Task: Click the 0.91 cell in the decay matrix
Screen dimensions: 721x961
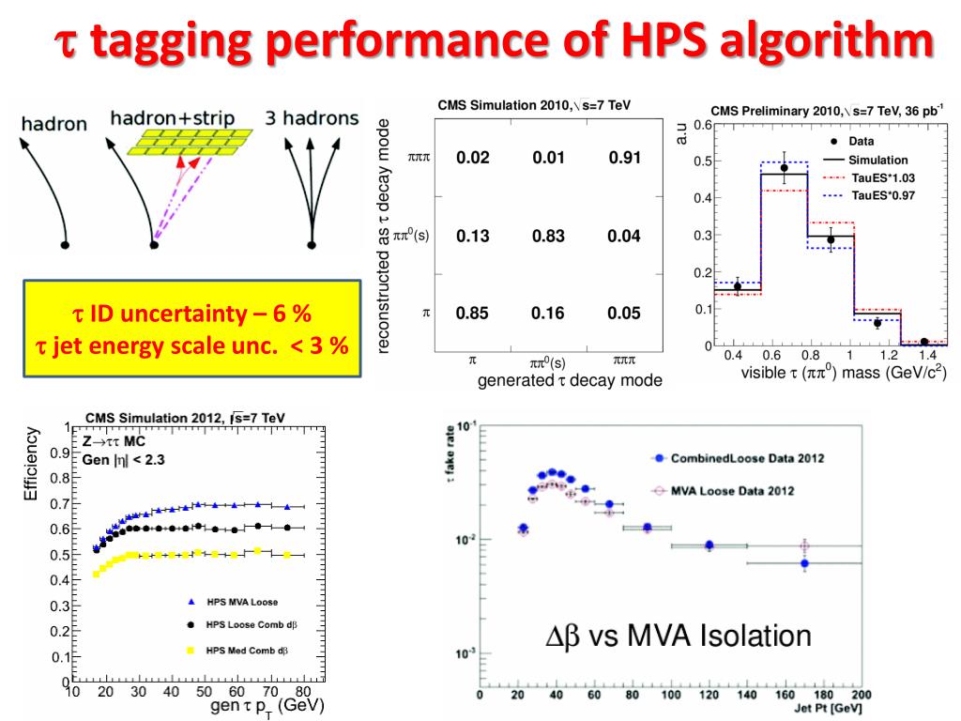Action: (624, 158)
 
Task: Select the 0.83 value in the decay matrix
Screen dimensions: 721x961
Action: (548, 236)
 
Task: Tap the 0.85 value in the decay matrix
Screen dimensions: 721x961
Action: (473, 314)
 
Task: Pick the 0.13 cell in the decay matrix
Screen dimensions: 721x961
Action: (473, 236)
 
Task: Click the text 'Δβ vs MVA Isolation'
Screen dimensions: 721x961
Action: (679, 637)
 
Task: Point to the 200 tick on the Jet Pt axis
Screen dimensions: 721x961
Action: (862, 696)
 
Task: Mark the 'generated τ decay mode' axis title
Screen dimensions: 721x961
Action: (571, 380)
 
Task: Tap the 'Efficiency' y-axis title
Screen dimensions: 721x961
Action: (32, 464)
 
